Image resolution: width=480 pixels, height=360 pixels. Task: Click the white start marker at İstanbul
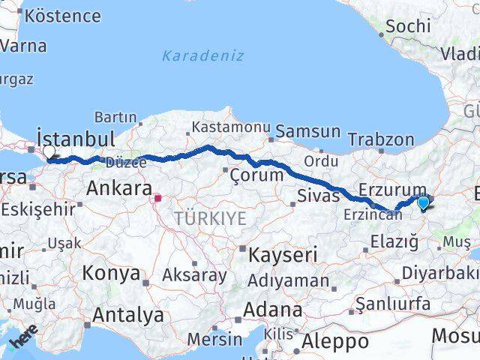click(49, 151)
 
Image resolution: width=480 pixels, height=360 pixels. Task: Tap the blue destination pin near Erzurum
click(423, 202)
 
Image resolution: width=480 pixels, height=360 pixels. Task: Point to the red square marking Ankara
click(158, 199)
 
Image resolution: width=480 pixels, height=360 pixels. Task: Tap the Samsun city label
click(307, 131)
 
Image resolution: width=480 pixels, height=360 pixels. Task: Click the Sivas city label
click(313, 196)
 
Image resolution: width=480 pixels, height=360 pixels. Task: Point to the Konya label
click(111, 273)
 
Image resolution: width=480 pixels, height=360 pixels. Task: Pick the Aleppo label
click(334, 342)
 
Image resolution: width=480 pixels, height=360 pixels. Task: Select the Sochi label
click(407, 26)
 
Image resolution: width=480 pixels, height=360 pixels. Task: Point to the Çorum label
click(256, 175)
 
